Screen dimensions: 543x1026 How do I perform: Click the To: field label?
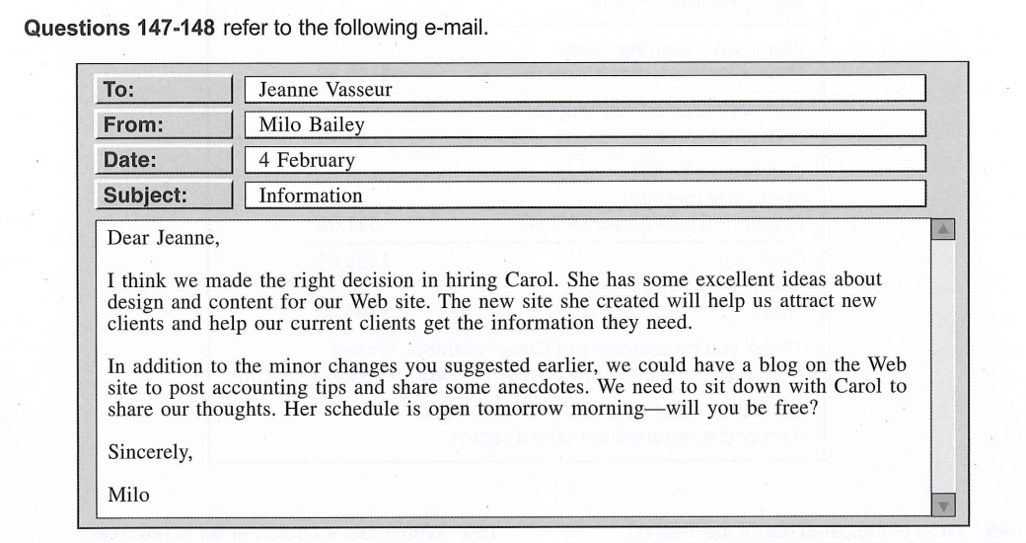coord(118,89)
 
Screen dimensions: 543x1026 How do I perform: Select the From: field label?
coord(134,124)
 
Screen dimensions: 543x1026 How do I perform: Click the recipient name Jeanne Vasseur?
coord(325,89)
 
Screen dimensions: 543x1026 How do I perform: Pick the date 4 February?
coord(307,160)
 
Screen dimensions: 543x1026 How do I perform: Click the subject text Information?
coord(311,195)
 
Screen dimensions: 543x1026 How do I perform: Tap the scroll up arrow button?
coord(942,230)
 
